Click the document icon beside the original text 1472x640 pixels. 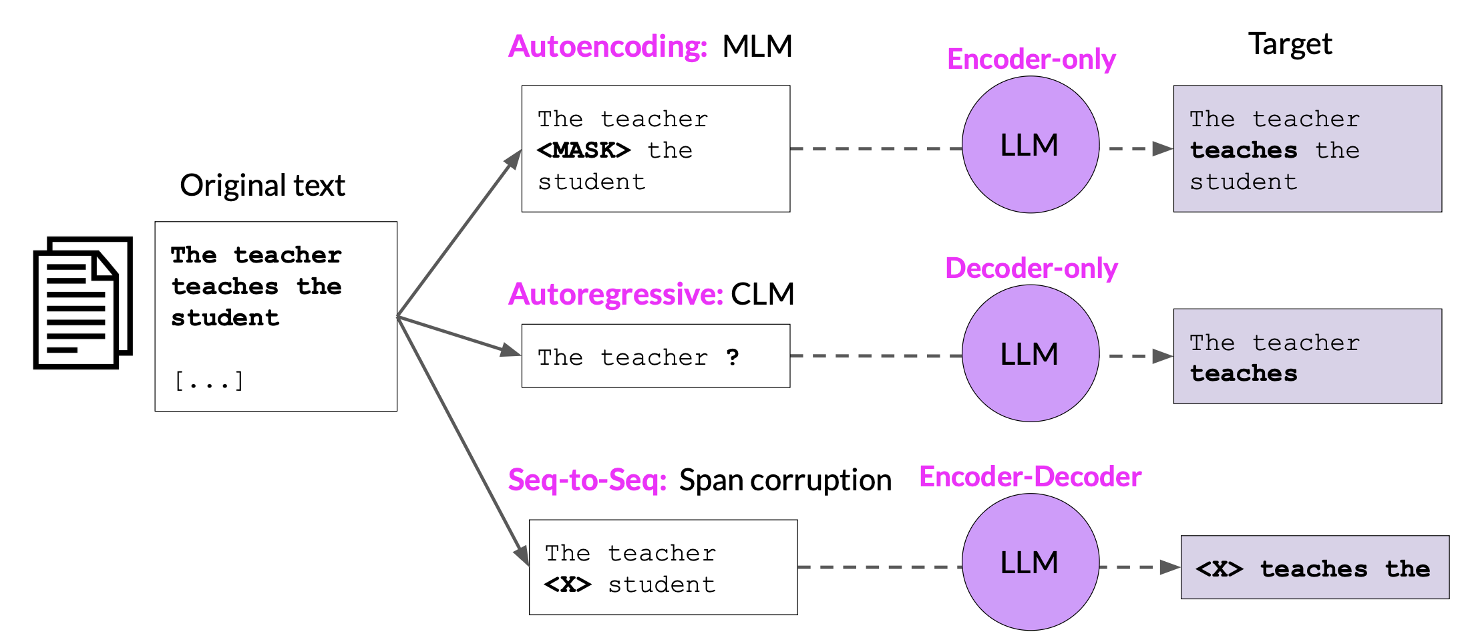83,302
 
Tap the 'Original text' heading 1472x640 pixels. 262,186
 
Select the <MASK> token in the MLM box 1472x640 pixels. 584,150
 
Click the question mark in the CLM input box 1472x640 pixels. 733,357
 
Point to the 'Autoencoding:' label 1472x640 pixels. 607,47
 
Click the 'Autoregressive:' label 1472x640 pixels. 616,294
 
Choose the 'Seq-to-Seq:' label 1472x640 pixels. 588,480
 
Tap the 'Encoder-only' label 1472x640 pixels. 1031,59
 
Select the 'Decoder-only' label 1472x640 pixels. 1031,269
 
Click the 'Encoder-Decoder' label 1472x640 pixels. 1031,477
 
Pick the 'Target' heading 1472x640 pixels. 1290,45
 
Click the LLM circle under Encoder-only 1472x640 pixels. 1031,145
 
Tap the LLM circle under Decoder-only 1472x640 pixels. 1031,353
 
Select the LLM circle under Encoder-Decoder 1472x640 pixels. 1031,562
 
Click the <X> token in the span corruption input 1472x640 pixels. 568,585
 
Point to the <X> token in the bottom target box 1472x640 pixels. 1220,569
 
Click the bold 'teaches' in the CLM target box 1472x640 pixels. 1244,373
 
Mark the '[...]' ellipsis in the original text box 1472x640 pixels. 209,381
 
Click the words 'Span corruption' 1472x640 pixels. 785,480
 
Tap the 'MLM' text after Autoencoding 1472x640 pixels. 757,47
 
